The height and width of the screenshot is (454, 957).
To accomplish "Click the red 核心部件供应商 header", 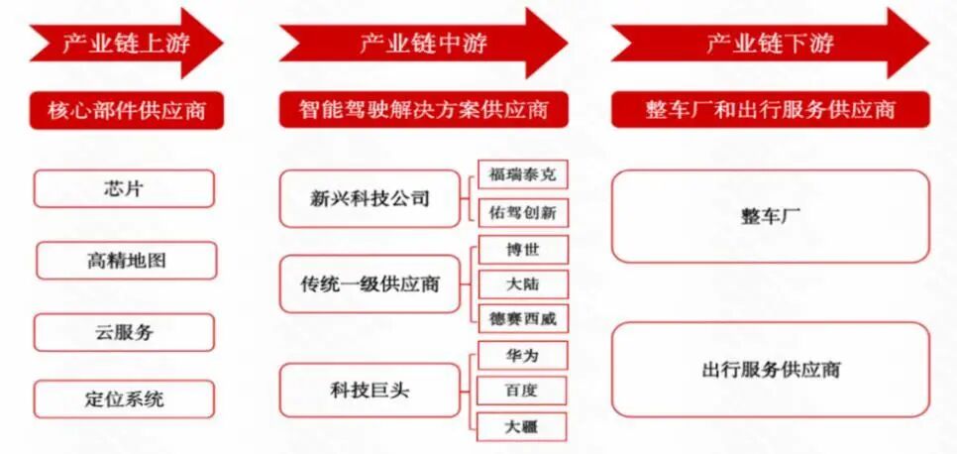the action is [126, 109].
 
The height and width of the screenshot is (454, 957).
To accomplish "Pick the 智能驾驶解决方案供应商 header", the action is [423, 109].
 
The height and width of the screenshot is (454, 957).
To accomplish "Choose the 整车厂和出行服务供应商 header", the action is [770, 109].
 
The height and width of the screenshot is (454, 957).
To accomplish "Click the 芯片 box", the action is [124, 188].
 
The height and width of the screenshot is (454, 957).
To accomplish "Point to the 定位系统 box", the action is [124, 399].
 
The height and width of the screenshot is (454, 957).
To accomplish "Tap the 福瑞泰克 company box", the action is [522, 174].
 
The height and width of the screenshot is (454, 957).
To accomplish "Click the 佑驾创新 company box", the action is [522, 212].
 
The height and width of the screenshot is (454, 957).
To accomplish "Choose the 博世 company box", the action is [522, 249].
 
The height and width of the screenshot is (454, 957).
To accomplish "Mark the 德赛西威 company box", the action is [522, 319].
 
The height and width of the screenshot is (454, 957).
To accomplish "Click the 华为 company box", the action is [522, 354].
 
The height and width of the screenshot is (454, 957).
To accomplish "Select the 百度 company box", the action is [522, 390].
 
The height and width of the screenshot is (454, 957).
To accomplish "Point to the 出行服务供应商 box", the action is [770, 371].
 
